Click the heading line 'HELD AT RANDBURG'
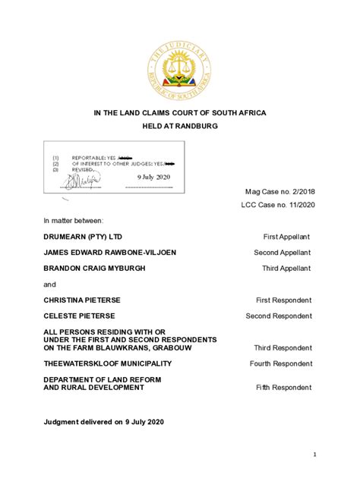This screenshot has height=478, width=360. (x=180, y=125)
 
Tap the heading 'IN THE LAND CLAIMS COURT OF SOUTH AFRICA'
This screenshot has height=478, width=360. (x=180, y=112)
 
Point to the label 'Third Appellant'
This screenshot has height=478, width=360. (x=286, y=269)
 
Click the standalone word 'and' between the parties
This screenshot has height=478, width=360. (x=49, y=285)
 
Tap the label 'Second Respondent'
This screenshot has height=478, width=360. (x=278, y=316)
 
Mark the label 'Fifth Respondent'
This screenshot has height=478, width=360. (x=283, y=388)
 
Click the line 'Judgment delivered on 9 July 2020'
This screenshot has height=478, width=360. (x=103, y=421)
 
